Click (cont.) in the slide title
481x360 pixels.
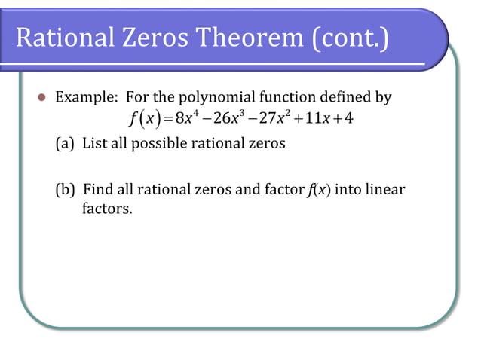pos(348,38)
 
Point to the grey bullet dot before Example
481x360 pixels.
pos(42,99)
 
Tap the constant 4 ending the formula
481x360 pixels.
pos(349,121)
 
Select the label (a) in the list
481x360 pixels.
pos(66,143)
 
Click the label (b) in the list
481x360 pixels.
pos(66,190)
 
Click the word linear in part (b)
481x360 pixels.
pos(386,190)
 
